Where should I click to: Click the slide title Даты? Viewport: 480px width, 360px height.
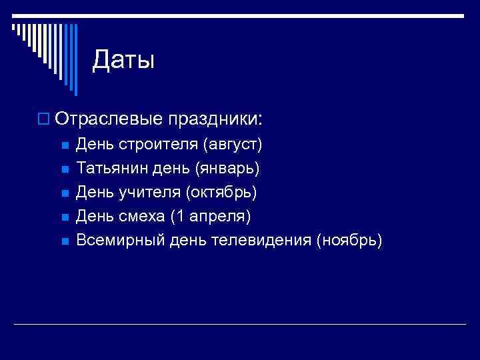tap(123, 61)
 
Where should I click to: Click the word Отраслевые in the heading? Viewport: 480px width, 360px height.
tap(109, 119)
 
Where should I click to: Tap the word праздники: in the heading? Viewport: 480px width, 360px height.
tap(216, 119)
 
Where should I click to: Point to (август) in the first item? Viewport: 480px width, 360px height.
tap(233, 144)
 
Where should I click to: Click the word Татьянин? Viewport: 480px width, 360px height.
tap(111, 168)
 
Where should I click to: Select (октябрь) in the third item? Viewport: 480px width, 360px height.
tap(222, 192)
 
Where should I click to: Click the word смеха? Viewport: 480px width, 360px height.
tap(143, 216)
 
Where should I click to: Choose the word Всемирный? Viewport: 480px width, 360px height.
tap(119, 240)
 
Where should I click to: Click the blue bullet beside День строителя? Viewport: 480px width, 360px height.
tap(64, 145)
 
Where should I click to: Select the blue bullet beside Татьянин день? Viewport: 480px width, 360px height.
tap(64, 169)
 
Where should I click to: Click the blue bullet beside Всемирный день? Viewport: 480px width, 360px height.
tap(64, 241)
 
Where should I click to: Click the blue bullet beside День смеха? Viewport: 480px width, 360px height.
tap(64, 217)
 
